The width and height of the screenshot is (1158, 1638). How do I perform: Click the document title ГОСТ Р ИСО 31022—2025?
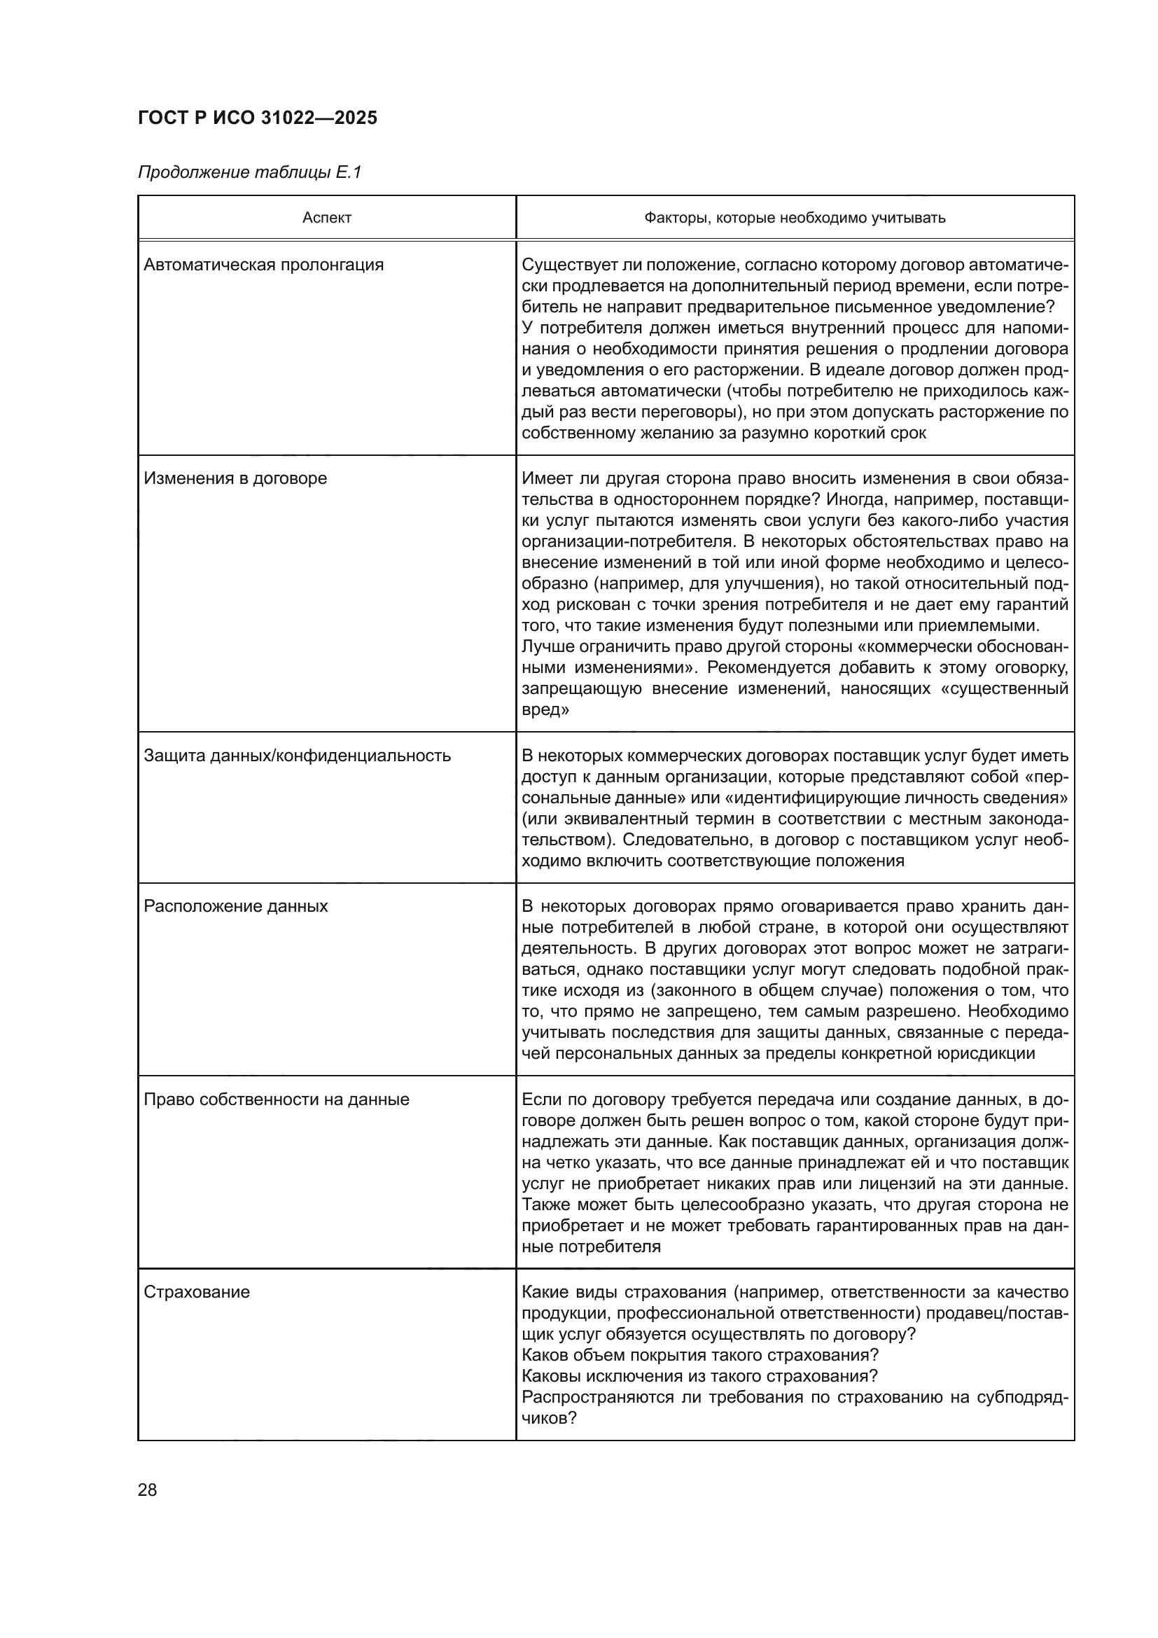(x=258, y=118)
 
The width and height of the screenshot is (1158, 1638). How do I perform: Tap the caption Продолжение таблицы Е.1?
(x=249, y=173)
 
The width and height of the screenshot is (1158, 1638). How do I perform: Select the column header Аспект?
(x=326, y=218)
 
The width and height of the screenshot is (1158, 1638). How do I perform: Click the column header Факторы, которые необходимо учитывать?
(x=795, y=218)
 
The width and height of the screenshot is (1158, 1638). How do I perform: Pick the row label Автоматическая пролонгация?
(x=264, y=265)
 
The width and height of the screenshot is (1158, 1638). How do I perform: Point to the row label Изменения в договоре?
(x=235, y=479)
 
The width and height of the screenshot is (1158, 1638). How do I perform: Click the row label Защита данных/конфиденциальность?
(x=298, y=756)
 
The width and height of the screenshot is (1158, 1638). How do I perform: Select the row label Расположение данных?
(x=236, y=907)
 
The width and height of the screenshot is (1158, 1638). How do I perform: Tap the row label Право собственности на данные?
(x=277, y=1099)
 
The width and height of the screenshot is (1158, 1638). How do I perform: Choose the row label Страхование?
(x=197, y=1293)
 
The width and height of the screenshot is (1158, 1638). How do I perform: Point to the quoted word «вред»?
(x=545, y=711)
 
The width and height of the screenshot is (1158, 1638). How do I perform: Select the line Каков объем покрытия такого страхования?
(x=700, y=1355)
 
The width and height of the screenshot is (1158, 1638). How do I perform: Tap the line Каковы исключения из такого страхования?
(x=699, y=1376)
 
